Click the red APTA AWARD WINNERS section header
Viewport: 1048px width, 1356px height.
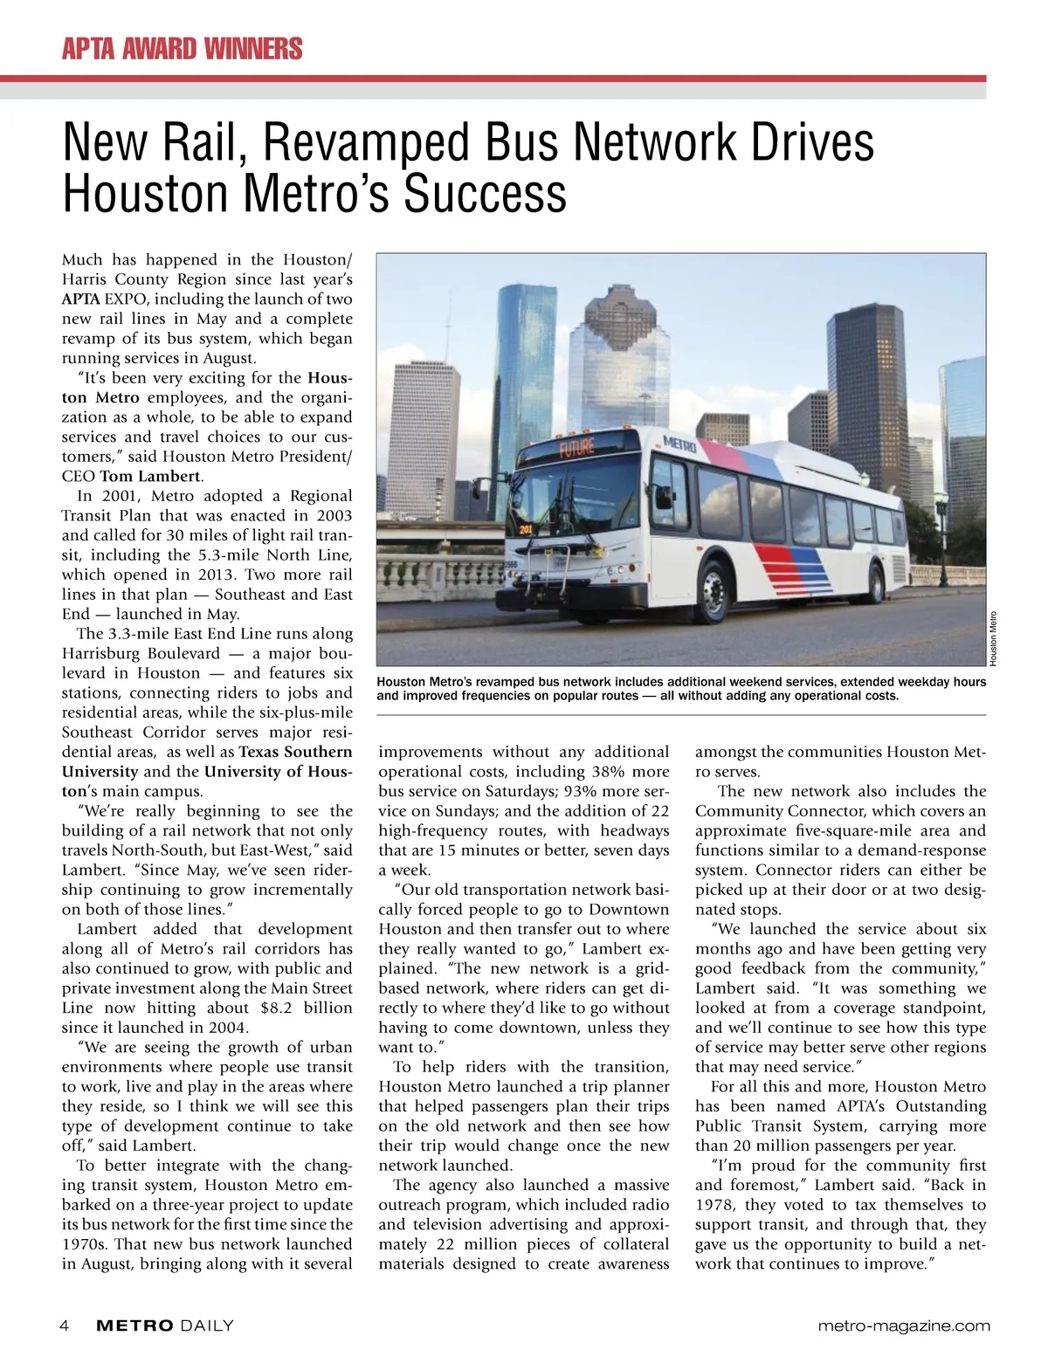point(182,48)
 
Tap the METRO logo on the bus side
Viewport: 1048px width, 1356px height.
point(679,444)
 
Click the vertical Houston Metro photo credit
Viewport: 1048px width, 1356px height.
point(993,637)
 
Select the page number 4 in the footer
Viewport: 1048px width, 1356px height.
point(65,1325)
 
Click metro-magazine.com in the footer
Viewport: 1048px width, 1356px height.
point(905,1325)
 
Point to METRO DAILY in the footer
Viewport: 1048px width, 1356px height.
point(165,1325)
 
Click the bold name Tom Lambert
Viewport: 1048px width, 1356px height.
point(150,476)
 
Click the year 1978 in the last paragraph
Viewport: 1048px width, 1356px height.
point(717,1205)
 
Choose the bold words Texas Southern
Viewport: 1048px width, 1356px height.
point(295,752)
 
